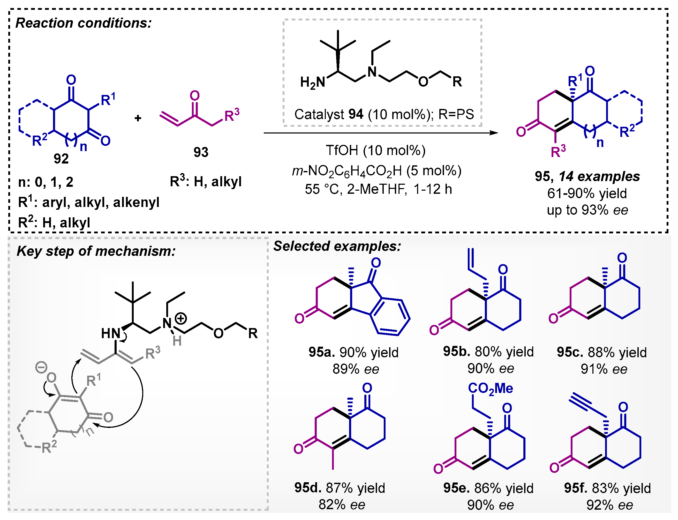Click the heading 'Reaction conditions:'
(84, 23)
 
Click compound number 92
(61, 159)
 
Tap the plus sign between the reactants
(138, 118)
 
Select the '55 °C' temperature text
(323, 189)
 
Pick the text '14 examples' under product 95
(599, 176)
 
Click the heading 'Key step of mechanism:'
(96, 251)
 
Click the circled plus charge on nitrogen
(181, 318)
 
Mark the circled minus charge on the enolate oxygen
(41, 367)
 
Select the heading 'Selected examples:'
(337, 246)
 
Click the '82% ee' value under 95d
(342, 505)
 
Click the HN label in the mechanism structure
(110, 334)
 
